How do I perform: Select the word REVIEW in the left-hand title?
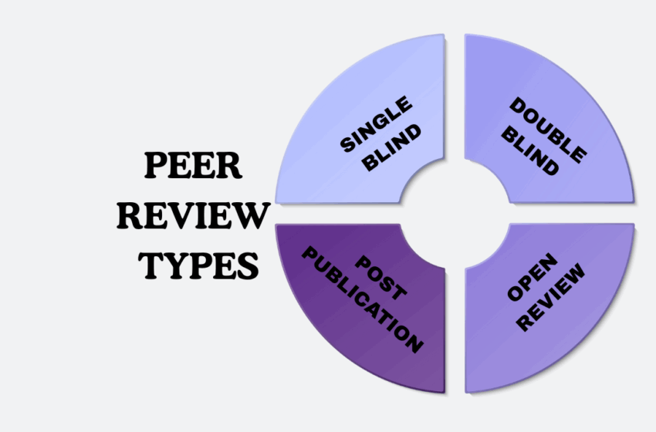(x=194, y=216)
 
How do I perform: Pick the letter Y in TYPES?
(x=175, y=265)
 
